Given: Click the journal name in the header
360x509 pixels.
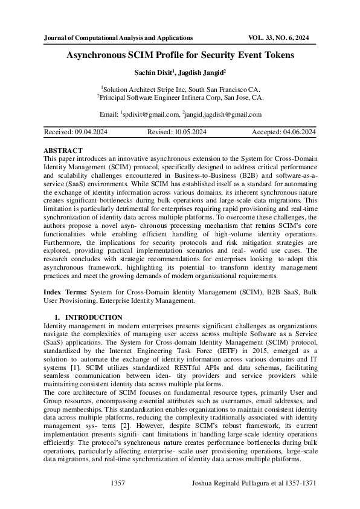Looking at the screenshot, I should pyautogui.click(x=118, y=37).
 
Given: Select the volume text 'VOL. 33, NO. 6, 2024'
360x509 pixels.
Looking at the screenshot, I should pyautogui.click(x=278, y=37).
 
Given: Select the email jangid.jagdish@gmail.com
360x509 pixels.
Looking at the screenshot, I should pyautogui.click(x=225, y=114).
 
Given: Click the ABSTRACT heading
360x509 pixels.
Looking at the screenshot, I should pyautogui.click(x=63, y=149).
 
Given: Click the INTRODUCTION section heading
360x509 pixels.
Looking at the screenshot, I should pyautogui.click(x=94, y=317).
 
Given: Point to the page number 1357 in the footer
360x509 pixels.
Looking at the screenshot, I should pyautogui.click(x=118, y=484).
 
